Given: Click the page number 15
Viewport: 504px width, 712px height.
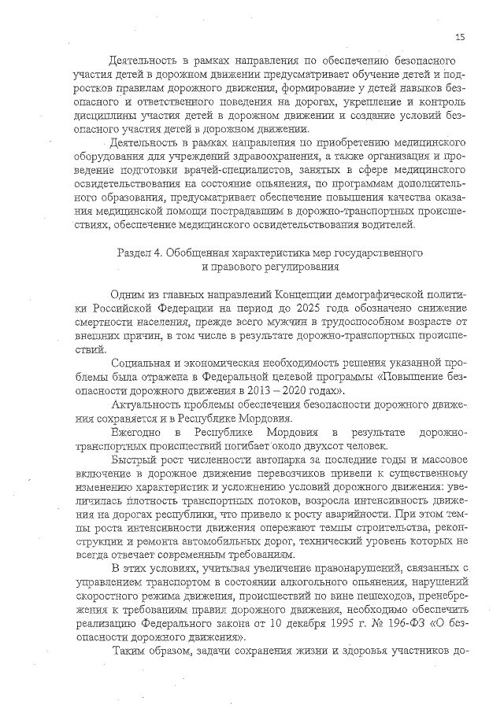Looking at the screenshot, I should point(461,36).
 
